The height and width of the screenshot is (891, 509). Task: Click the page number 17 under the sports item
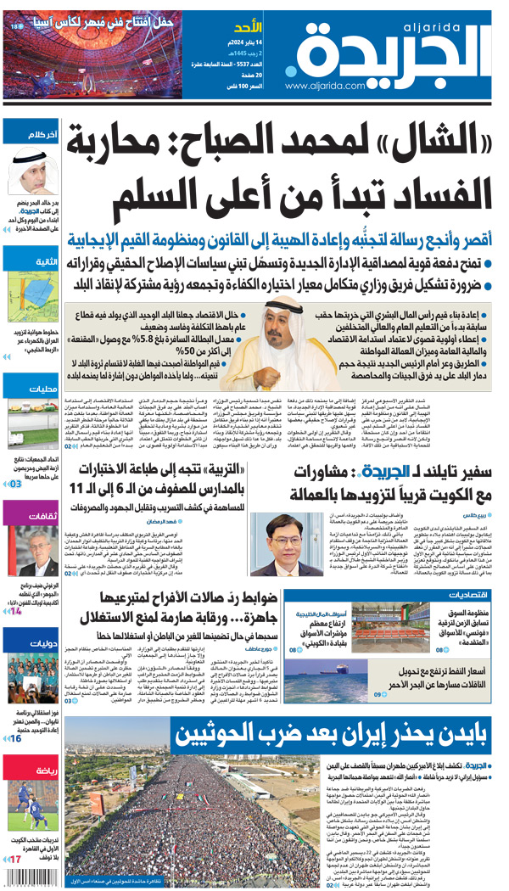tap(14, 859)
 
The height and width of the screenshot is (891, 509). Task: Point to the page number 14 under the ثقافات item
tap(14, 611)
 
